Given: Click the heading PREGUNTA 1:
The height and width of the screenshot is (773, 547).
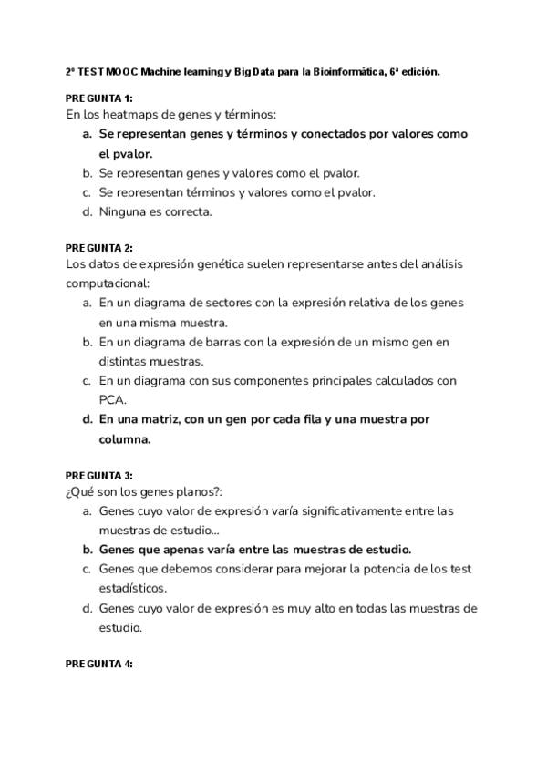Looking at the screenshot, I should (99, 98).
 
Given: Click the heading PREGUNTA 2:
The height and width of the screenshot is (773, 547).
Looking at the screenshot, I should (99, 248).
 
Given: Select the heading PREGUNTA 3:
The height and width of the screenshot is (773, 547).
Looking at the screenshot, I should (99, 476).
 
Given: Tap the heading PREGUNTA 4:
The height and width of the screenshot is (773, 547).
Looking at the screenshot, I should (99, 664).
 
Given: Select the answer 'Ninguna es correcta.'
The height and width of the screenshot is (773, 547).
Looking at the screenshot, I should (155, 212).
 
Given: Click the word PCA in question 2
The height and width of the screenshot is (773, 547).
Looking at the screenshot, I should (112, 399).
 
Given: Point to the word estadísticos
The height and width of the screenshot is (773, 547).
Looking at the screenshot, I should (133, 588).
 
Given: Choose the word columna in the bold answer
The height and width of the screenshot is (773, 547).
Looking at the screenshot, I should (123, 439).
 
